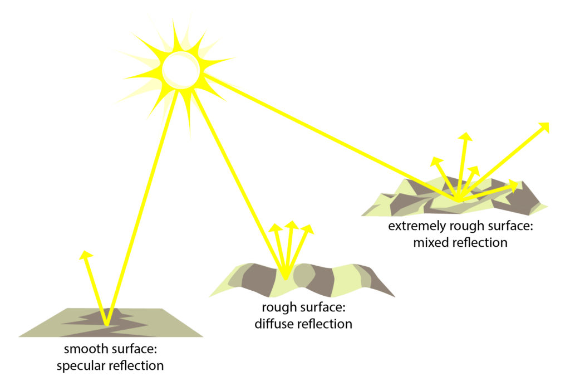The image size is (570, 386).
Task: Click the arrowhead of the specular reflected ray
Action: (x=85, y=255)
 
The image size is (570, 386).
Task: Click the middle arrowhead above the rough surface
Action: (x=290, y=226)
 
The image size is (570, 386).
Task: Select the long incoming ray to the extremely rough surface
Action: (x=328, y=136)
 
